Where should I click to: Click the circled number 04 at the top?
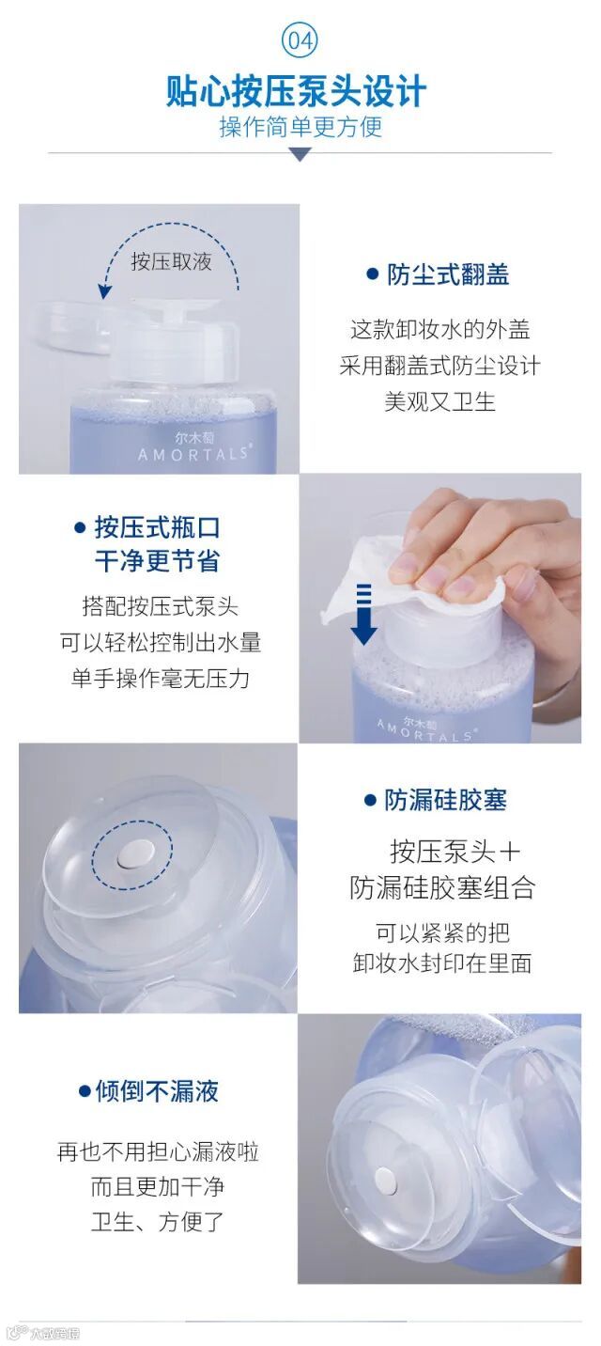pyautogui.click(x=300, y=40)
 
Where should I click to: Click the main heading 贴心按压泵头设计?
pyautogui.click(x=297, y=91)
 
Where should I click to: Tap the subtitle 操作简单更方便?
pyautogui.click(x=300, y=127)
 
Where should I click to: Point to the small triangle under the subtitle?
pyautogui.click(x=300, y=155)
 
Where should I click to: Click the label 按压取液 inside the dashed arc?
pyautogui.click(x=172, y=261)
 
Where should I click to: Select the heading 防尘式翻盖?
pyautogui.click(x=448, y=274)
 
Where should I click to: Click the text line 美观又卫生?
pyautogui.click(x=439, y=401)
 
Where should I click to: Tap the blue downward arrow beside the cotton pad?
pyautogui.click(x=363, y=614)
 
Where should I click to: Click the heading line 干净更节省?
pyautogui.click(x=157, y=560)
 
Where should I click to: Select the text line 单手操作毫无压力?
pyautogui.click(x=160, y=679)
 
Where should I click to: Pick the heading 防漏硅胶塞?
pyautogui.click(x=445, y=800)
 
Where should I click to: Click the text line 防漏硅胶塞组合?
pyautogui.click(x=442, y=887)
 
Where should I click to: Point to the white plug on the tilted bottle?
pyautogui.click(x=385, y=1179)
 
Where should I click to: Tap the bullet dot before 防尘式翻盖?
pyautogui.click(x=372, y=274)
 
